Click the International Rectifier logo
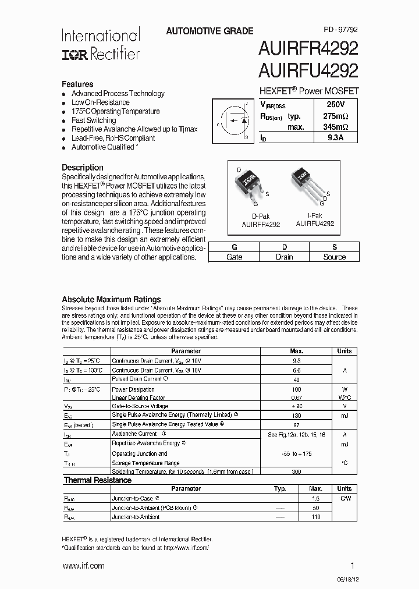[101, 44]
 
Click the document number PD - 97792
[341, 31]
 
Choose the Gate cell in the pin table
[234, 257]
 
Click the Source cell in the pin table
[334, 257]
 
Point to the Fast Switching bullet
[93, 120]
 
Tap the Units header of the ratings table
[344, 351]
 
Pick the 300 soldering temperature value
[296, 471]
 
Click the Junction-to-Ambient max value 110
[316, 517]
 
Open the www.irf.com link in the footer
[83, 566]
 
